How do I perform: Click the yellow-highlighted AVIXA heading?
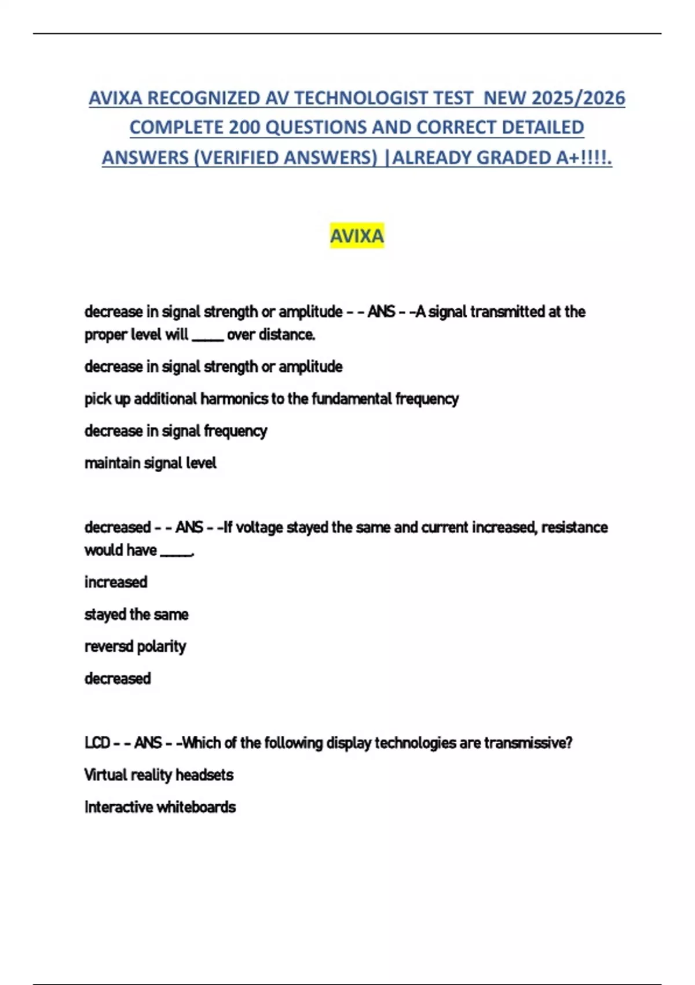pyautogui.click(x=357, y=236)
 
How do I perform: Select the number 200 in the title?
pyautogui.click(x=244, y=127)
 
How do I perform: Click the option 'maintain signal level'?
pyautogui.click(x=150, y=463)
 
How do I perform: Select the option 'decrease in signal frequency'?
pyautogui.click(x=175, y=431)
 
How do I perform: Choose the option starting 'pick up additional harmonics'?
pyautogui.click(x=271, y=399)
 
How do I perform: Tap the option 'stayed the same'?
pyautogui.click(x=136, y=614)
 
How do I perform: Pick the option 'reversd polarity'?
pyautogui.click(x=135, y=646)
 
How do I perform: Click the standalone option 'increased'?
pyautogui.click(x=116, y=582)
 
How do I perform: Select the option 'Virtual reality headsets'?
pyautogui.click(x=159, y=775)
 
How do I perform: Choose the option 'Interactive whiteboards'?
pyautogui.click(x=160, y=807)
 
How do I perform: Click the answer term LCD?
pyautogui.click(x=97, y=743)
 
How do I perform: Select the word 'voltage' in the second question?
pyautogui.click(x=259, y=527)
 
